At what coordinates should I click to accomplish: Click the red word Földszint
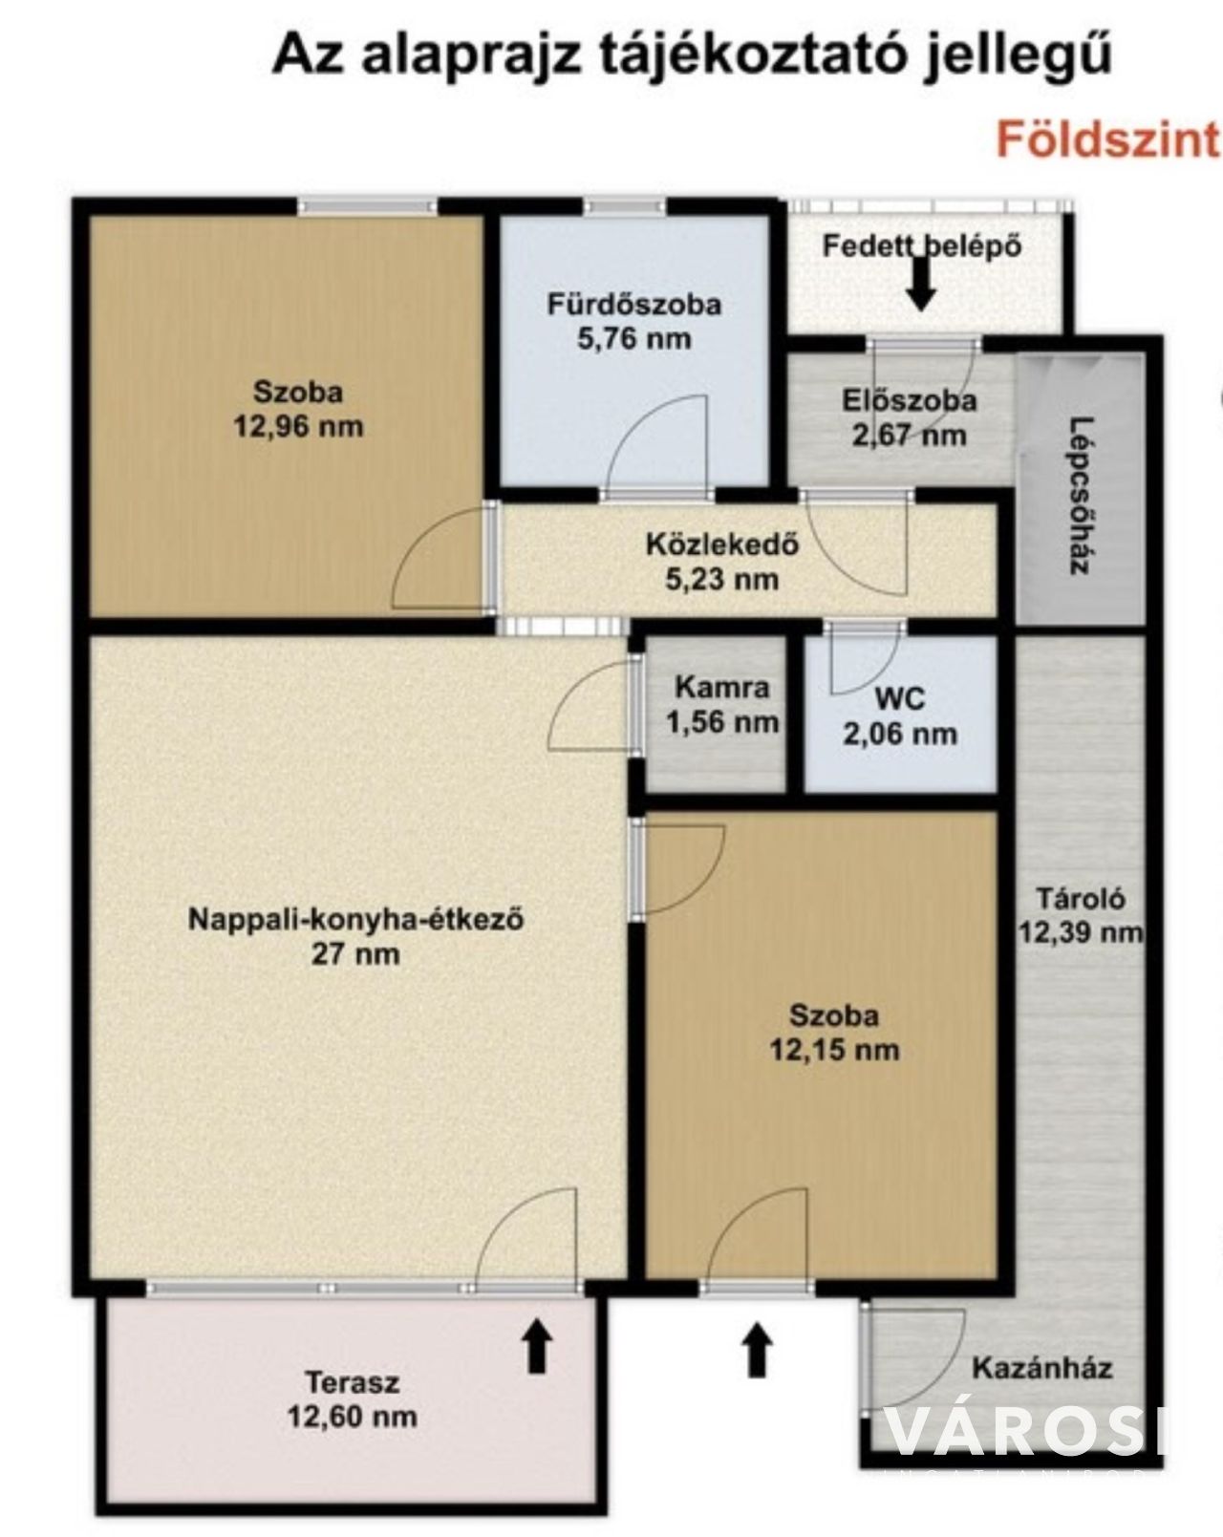tap(1108, 140)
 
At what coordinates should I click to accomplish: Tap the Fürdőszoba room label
tap(634, 305)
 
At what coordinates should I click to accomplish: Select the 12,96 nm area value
tap(299, 427)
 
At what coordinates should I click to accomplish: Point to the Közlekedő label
tap(722, 544)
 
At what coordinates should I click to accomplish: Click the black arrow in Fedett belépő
tap(921, 282)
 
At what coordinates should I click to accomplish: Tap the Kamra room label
tap(722, 688)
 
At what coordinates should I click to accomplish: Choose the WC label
tap(900, 697)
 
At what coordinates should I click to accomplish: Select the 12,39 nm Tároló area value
tap(1080, 932)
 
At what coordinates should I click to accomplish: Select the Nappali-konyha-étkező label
tap(355, 919)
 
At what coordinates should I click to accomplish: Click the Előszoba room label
tap(909, 400)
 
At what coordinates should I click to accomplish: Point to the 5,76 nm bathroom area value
tap(634, 338)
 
